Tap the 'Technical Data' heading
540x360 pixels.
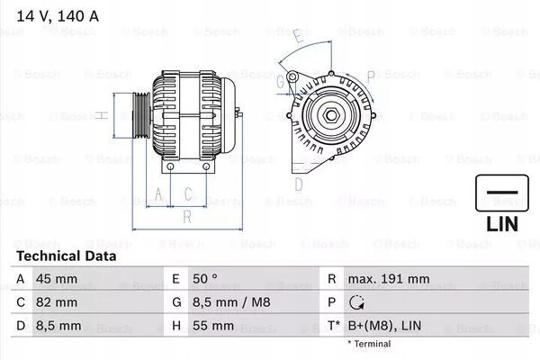[67, 256]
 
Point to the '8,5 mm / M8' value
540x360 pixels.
[224, 302]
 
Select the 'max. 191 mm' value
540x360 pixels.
[389, 279]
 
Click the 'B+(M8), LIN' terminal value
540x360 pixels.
[386, 326]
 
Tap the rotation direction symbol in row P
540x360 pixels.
[357, 303]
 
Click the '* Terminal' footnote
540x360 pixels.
[369, 344]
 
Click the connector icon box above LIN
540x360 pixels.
[501, 193]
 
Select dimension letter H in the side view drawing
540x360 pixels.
[103, 115]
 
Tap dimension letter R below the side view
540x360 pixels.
[186, 216]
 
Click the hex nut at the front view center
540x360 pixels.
[331, 117]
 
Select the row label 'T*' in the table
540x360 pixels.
[332, 326]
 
